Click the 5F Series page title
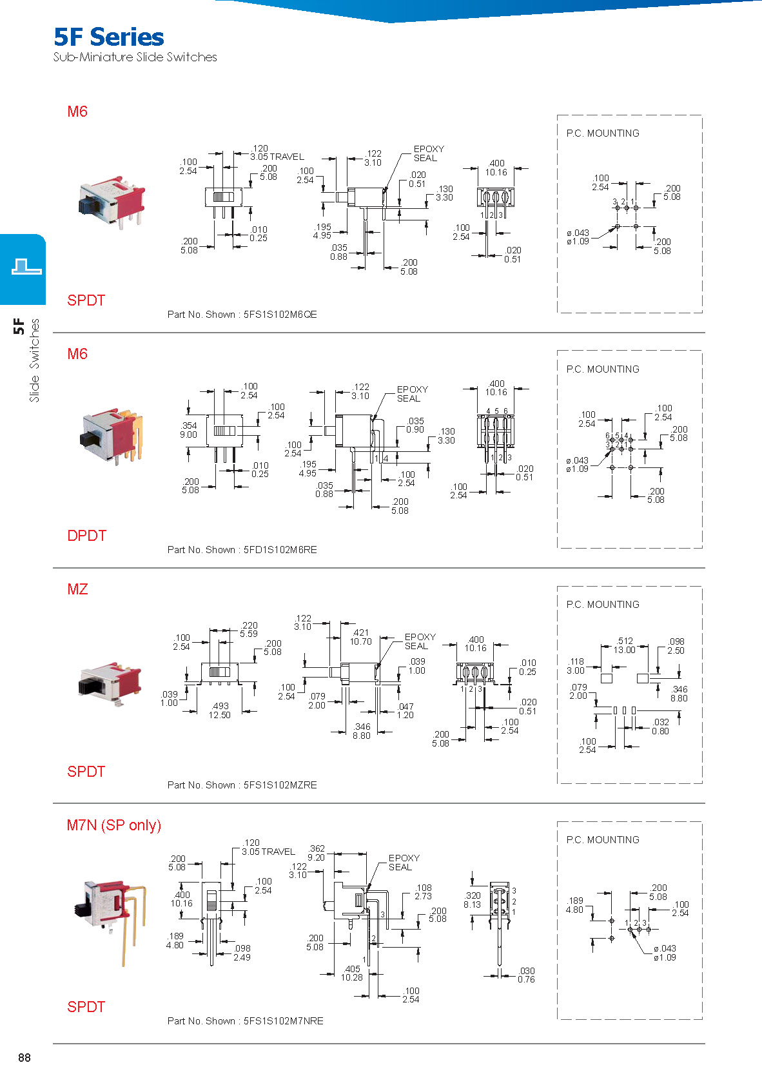click(109, 37)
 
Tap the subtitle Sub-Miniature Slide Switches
click(135, 57)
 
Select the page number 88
click(24, 1058)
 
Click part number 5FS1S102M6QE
click(280, 315)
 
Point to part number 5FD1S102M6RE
click(280, 549)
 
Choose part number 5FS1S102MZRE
click(280, 785)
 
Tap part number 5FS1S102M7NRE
click(284, 1020)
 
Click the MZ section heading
click(78, 589)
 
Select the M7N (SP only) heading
click(114, 825)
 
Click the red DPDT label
click(87, 536)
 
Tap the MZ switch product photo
click(110, 683)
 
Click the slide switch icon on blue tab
click(27, 266)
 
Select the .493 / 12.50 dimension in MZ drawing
click(220, 710)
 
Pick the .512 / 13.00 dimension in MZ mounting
click(625, 645)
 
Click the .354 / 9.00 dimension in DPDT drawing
click(188, 430)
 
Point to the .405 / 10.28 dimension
click(352, 973)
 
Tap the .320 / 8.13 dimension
click(473, 900)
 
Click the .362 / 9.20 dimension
click(317, 853)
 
